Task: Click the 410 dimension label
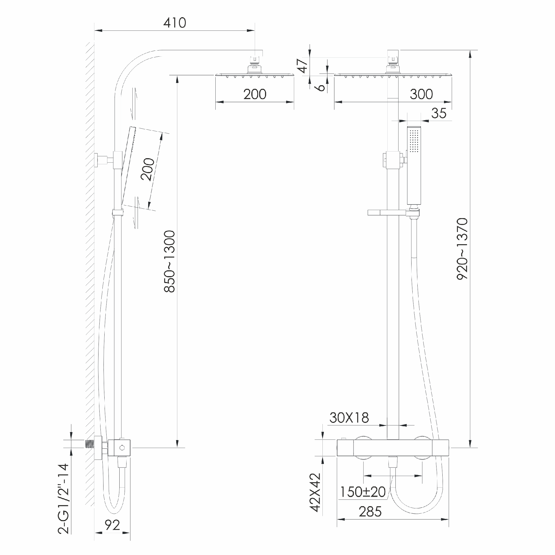[175, 23]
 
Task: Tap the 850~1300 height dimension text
[170, 262]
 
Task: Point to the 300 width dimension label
[422, 94]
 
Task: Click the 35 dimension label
[439, 113]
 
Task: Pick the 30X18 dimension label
[349, 418]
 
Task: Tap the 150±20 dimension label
[363, 492]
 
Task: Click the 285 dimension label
[370, 512]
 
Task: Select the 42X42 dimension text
[315, 493]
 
